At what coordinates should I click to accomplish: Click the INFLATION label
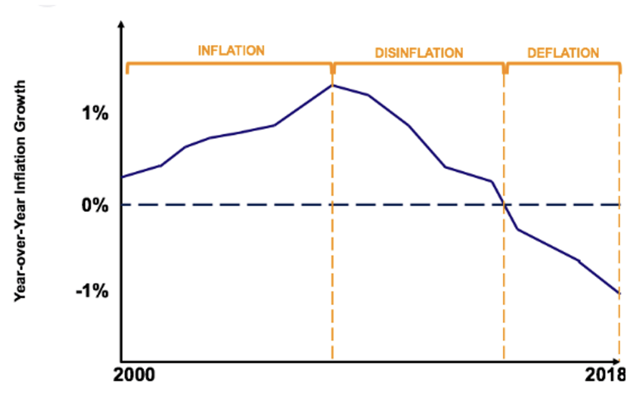tap(231, 51)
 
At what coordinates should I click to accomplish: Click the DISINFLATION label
tap(419, 53)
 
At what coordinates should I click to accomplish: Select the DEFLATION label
tap(563, 53)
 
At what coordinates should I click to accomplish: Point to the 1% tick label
tap(95, 113)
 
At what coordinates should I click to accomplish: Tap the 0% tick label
tap(95, 205)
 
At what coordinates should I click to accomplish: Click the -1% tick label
tap(93, 291)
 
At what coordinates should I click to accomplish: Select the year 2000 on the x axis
tap(134, 375)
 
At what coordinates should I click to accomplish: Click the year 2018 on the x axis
tap(604, 375)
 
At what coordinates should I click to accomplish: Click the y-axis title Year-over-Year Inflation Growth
tap(20, 191)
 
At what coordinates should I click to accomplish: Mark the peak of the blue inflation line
tap(332, 85)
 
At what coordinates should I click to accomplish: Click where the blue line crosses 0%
tap(504, 205)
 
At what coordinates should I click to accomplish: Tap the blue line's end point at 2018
tap(619, 293)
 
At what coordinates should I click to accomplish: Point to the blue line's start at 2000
tap(122, 177)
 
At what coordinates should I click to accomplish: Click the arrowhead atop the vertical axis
tap(121, 25)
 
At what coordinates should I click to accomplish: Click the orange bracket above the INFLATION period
tap(229, 63)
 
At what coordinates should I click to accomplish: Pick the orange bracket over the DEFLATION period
tap(563, 63)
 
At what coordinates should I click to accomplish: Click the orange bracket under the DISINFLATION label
tap(419, 63)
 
